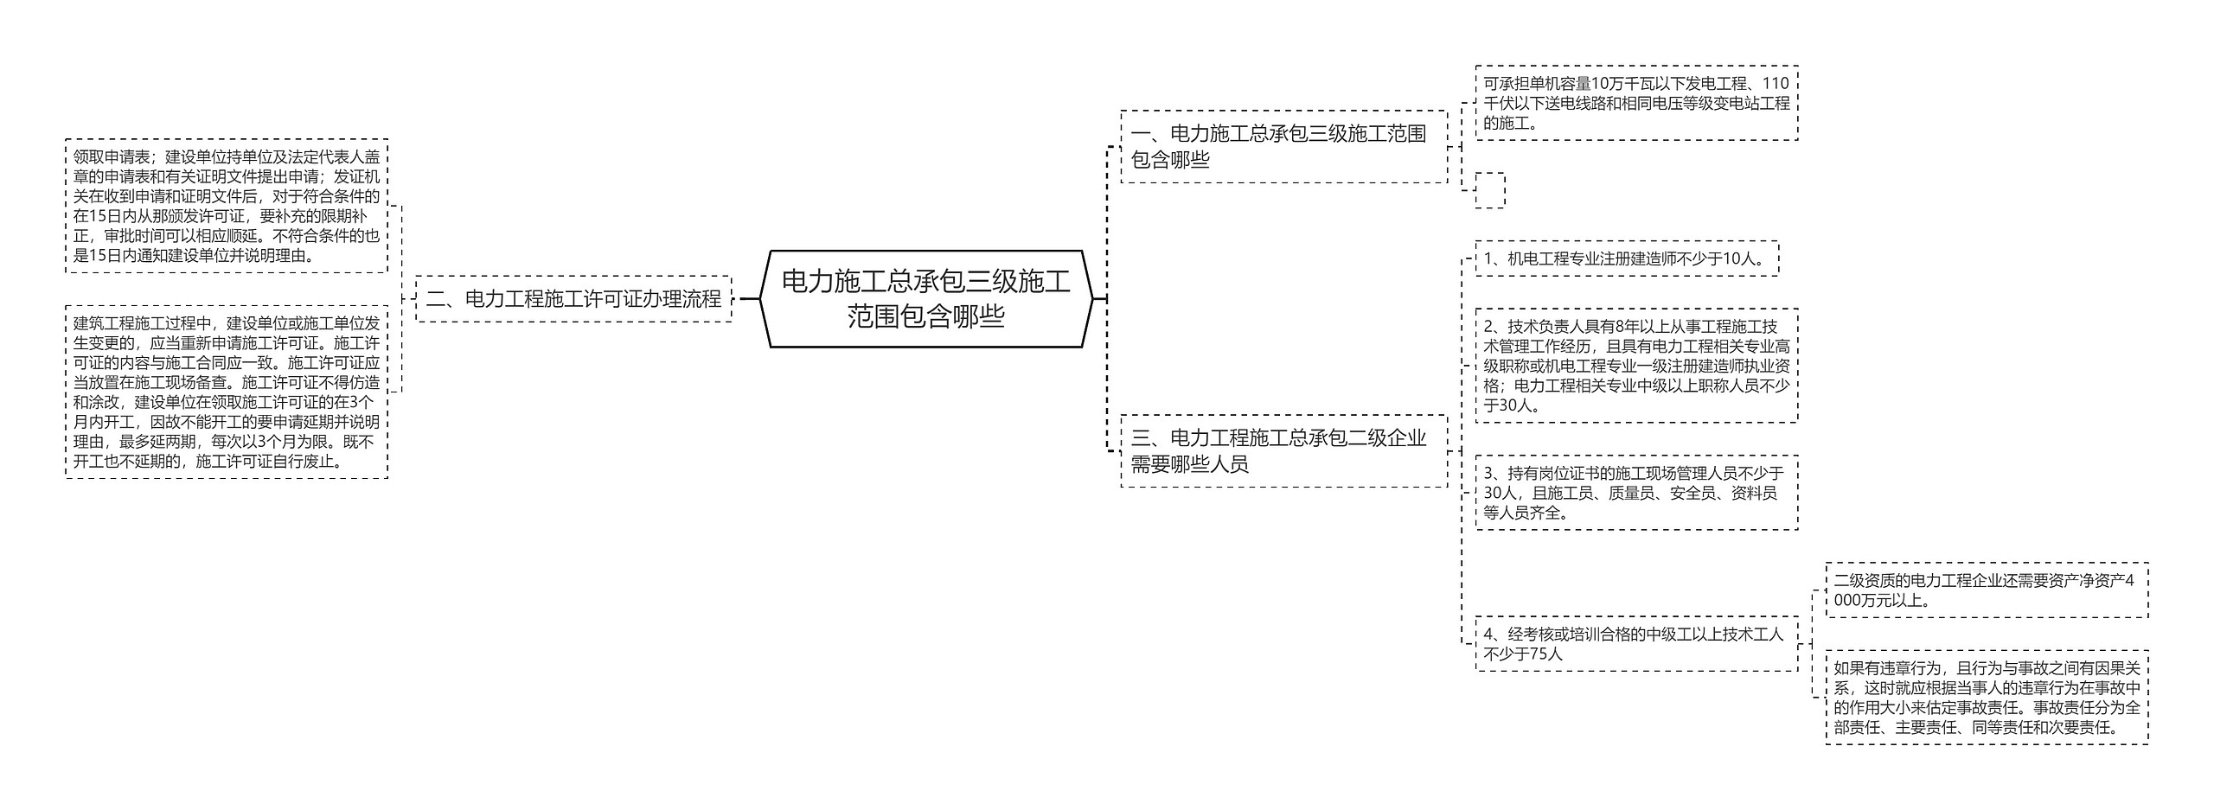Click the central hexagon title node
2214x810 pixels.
pos(925,298)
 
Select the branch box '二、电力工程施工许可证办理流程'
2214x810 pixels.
pos(573,299)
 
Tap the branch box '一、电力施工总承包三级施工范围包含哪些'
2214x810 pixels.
pos(1283,146)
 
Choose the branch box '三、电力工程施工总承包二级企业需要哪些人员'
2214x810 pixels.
pos(1283,450)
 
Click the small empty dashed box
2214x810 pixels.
pos(1489,190)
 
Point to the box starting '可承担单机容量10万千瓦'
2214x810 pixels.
pos(1635,103)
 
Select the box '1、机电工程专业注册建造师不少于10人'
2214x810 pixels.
pos(1626,258)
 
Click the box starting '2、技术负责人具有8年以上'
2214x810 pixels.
pos(1635,366)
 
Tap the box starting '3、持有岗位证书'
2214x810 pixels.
pos(1635,493)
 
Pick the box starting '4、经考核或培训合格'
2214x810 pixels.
pos(1635,644)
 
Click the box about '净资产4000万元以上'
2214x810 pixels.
pos(1986,590)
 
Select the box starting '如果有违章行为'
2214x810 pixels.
pos(1986,698)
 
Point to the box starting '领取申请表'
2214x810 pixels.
pos(227,206)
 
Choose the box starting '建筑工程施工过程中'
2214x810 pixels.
pos(227,392)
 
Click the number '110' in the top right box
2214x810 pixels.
pos(1775,84)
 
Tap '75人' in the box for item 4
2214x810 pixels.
pos(1546,654)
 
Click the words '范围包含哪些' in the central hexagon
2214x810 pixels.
pos(925,316)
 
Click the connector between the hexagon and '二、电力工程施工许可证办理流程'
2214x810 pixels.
pos(749,299)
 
